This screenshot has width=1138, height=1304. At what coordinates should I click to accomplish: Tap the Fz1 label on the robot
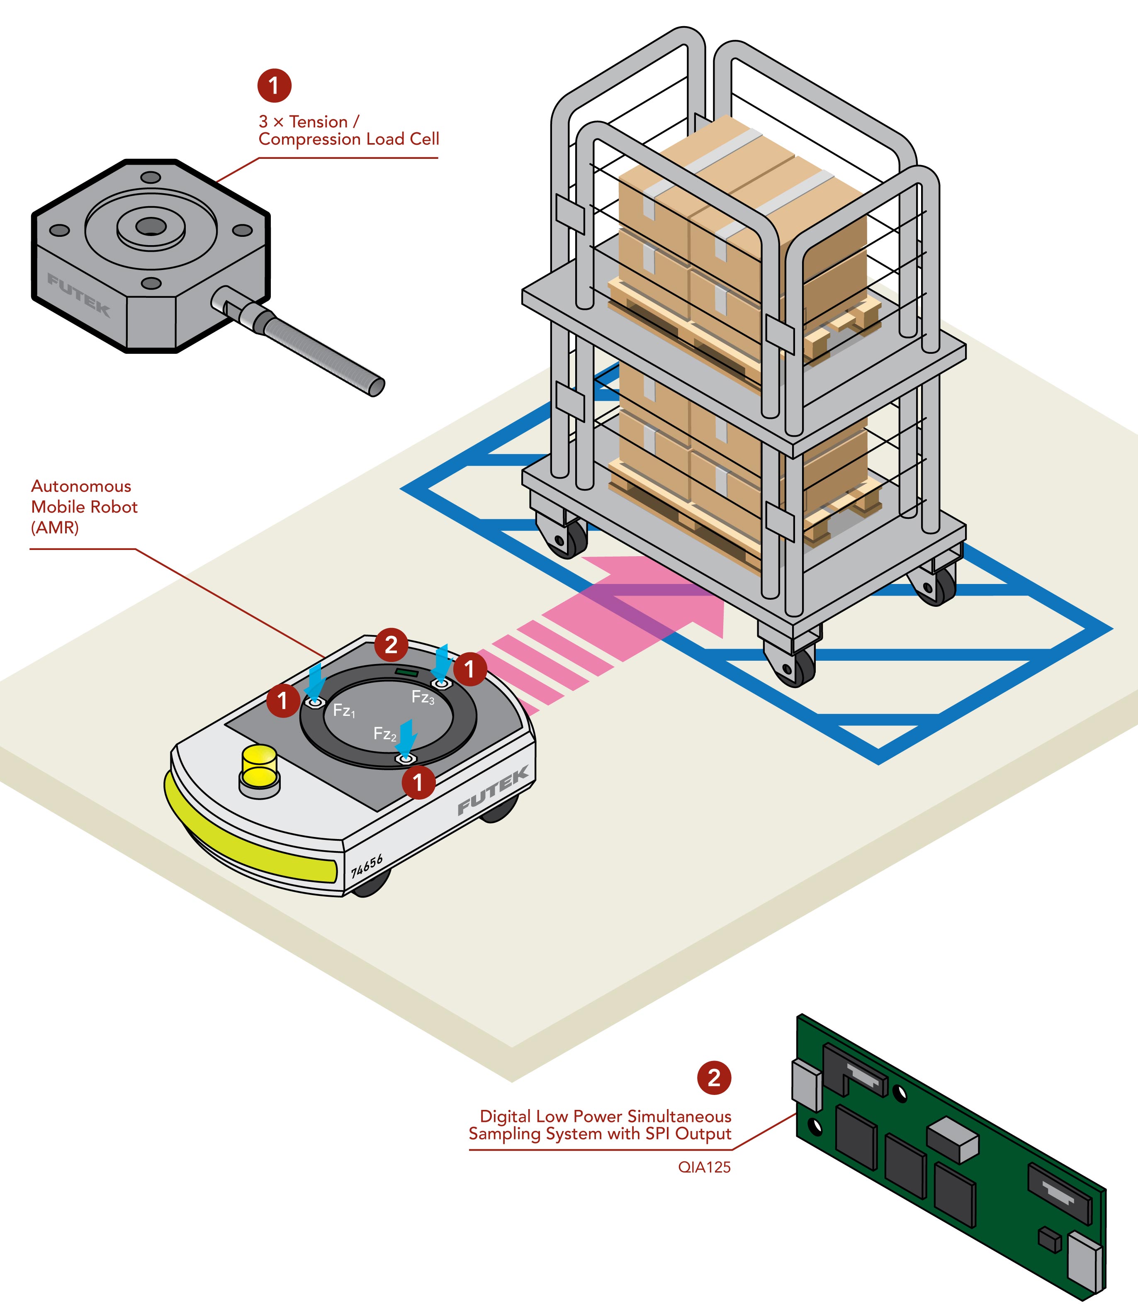pyautogui.click(x=343, y=710)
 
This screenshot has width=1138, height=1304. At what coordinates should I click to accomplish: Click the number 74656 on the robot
pyautogui.click(x=367, y=866)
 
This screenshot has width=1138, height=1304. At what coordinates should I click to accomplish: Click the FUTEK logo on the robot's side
pyautogui.click(x=493, y=791)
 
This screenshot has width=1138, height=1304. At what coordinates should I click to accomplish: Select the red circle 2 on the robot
pyautogui.click(x=391, y=645)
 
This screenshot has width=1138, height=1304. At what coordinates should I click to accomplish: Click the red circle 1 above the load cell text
pyautogui.click(x=274, y=85)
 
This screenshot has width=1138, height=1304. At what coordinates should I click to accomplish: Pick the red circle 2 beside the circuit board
pyautogui.click(x=714, y=1078)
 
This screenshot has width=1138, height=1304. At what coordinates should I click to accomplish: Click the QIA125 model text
pyautogui.click(x=704, y=1168)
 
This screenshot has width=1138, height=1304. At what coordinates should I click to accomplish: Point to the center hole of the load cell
pyautogui.click(x=151, y=226)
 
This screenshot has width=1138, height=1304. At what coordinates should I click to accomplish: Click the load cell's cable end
pyautogui.click(x=376, y=386)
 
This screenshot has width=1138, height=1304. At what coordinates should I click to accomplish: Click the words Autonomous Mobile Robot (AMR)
pyautogui.click(x=84, y=507)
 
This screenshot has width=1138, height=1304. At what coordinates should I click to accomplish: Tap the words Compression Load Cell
pyautogui.click(x=349, y=139)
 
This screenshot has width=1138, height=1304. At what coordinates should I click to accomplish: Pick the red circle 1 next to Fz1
pyautogui.click(x=282, y=701)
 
